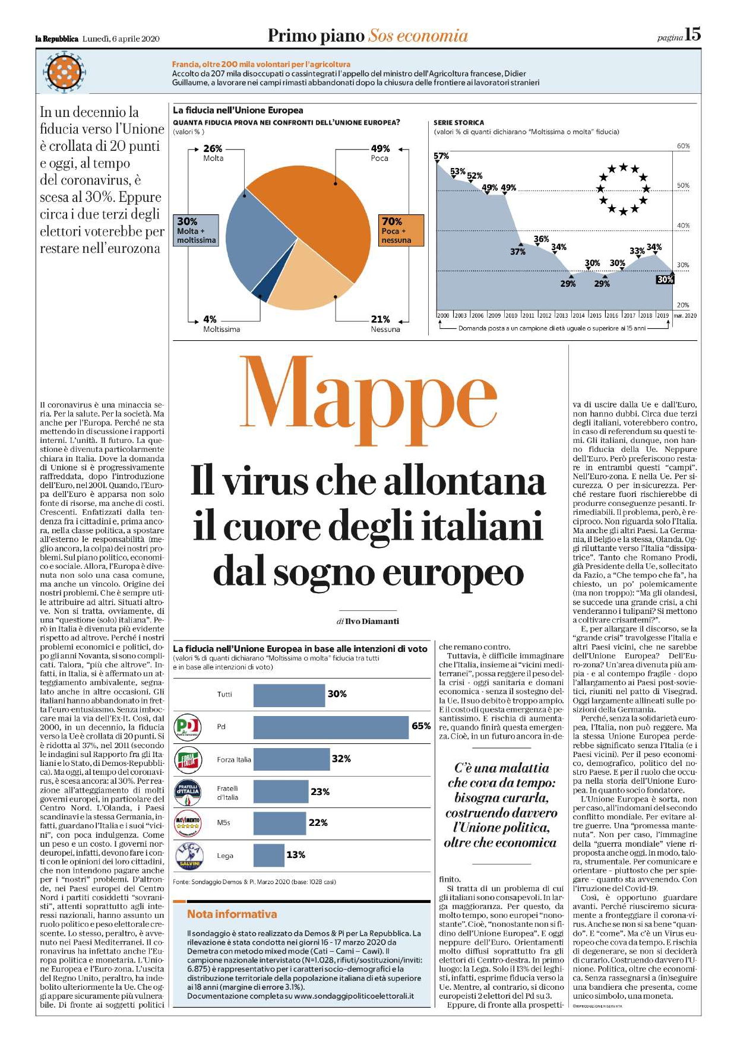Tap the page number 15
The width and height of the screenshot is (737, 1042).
pos(692,35)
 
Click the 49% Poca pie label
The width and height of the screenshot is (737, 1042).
pos(380,153)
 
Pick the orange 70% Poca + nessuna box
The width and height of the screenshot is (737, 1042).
pos(401,230)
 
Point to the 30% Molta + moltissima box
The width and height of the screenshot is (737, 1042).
pos(196,230)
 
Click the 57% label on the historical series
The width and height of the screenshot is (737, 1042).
pos(441,156)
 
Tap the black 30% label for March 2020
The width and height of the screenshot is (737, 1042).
pos(665,280)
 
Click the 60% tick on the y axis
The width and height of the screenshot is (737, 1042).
pos(684,146)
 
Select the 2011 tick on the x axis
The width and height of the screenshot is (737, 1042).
pos(528,315)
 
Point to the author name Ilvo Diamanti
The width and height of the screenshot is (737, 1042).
pos(372,621)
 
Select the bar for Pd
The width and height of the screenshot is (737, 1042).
pos(331,727)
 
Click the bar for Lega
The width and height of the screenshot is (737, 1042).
pos(268,855)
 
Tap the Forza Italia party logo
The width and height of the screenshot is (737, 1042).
pos(188,759)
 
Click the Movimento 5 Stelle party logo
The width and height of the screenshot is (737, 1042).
pos(188,822)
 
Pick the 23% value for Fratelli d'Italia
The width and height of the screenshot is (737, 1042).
pos(320,791)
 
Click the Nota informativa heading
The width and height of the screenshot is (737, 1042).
pos(232,914)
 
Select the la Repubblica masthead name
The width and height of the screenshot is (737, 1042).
pos(57,39)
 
